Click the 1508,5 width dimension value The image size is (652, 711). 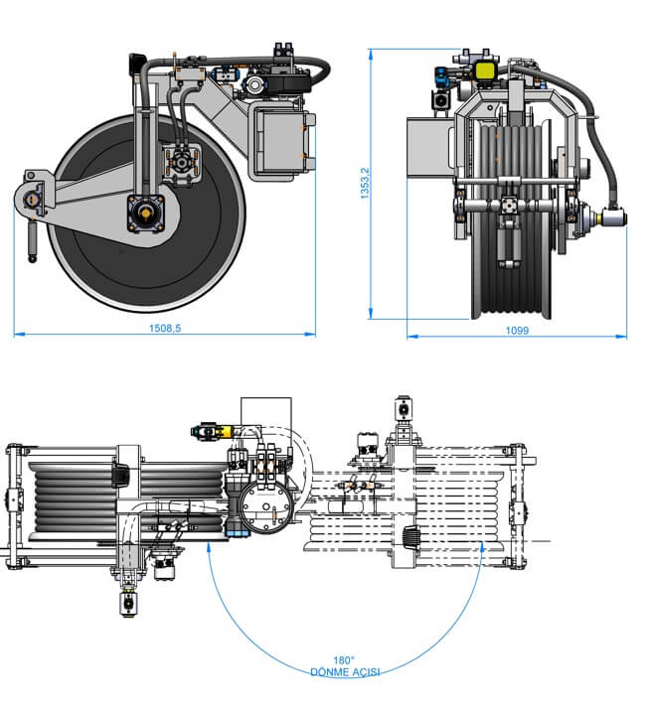[164, 327]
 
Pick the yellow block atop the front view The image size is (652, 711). [487, 70]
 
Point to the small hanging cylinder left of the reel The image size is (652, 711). [31, 240]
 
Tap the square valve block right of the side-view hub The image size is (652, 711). [184, 163]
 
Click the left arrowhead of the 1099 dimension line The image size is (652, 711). [409, 335]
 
